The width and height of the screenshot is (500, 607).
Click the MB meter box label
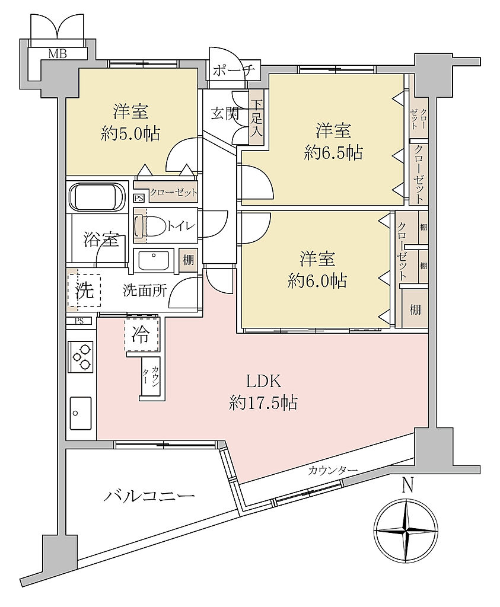coord(58,53)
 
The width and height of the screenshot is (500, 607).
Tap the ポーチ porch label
coord(234,71)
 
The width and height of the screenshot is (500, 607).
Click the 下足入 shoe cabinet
coord(256,118)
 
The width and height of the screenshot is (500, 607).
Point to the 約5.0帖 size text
coord(130,133)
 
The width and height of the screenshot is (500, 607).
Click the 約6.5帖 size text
coord(333,153)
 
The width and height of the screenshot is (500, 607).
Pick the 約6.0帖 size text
coord(317,281)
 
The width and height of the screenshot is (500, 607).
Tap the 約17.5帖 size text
coord(263,403)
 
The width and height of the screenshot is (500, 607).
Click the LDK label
coord(263,382)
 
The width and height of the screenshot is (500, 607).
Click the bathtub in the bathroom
coord(97,197)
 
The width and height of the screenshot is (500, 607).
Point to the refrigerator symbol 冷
coord(142,334)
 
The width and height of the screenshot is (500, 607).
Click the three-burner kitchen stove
coord(81,356)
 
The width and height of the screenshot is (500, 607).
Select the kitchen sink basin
coord(81,413)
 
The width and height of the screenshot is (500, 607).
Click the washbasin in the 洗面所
coord(154,261)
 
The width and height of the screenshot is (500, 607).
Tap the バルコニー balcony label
coord(149,496)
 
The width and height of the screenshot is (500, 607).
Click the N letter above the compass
coord(407,485)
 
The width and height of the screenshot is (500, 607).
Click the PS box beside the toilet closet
coord(139,198)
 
